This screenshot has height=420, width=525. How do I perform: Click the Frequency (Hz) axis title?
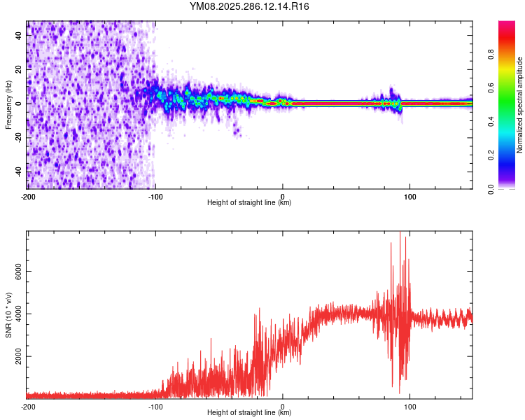tap(8, 106)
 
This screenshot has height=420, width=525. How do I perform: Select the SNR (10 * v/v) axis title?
tap(8, 314)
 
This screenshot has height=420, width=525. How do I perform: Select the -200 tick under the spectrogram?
tap(28, 196)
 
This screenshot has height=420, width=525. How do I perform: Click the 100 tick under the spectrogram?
tap(410, 196)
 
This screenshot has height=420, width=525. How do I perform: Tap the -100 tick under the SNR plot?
tap(155, 406)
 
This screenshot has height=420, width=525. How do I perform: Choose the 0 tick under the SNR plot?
tap(283, 406)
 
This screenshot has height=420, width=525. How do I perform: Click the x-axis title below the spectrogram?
tap(249, 203)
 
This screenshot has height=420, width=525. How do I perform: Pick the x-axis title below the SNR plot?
tap(249, 413)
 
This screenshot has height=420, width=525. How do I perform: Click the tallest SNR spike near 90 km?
tap(400, 234)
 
